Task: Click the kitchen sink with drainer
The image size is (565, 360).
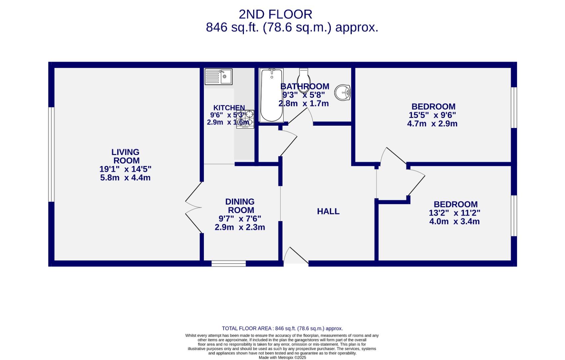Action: (218, 77)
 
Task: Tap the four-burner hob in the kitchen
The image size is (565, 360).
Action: (245, 119)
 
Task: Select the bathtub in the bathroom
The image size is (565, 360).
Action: (272, 95)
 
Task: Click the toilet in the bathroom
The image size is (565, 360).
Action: (303, 80)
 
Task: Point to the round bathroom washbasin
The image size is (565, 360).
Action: (342, 92)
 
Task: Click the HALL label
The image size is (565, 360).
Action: (328, 211)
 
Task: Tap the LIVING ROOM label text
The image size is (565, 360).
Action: (125, 156)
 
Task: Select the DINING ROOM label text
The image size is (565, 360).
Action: (240, 206)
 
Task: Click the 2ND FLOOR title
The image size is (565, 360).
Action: (276, 14)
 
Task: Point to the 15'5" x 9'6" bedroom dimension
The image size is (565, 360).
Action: (432, 115)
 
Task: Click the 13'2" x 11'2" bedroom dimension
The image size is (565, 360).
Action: (454, 213)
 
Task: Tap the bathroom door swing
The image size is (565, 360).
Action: (301, 117)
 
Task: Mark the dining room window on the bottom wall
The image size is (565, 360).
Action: (229, 264)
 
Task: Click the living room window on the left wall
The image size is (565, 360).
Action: (51, 154)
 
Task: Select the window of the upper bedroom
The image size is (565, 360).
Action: (514, 108)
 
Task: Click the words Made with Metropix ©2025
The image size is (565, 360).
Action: (282, 357)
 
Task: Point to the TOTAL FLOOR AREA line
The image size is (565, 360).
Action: (282, 328)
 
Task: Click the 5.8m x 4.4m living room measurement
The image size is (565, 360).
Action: (125, 178)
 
